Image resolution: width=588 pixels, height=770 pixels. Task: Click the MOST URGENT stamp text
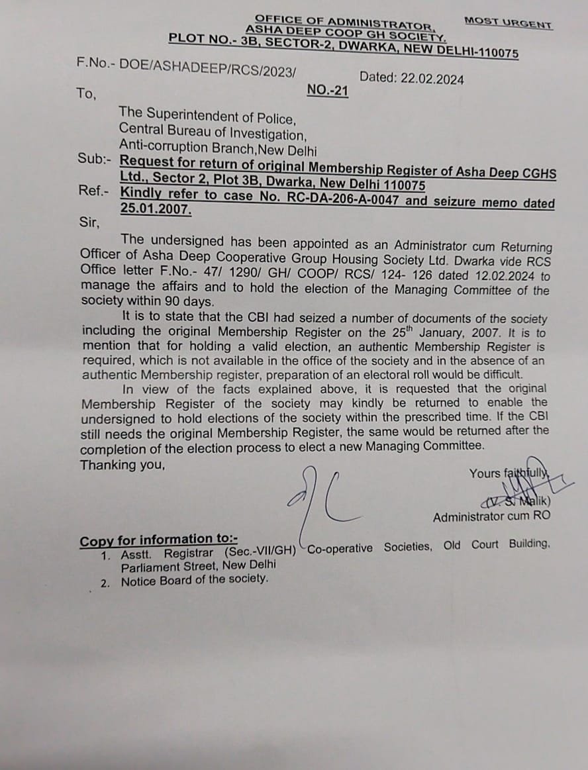pos(508,23)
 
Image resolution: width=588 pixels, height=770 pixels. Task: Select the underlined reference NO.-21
pos(328,91)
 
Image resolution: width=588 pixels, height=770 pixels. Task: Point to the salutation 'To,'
pos(86,94)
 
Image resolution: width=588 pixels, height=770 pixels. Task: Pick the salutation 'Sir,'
pos(89,222)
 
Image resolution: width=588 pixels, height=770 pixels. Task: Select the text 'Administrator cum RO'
pos(491,516)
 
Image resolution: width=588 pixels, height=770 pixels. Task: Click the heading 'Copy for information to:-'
pos(158,540)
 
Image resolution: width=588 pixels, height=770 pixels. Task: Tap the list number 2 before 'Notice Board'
pos(105,583)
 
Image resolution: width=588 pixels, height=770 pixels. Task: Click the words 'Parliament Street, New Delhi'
pos(198,567)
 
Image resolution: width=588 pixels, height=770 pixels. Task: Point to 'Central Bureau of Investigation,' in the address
pos(213,134)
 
